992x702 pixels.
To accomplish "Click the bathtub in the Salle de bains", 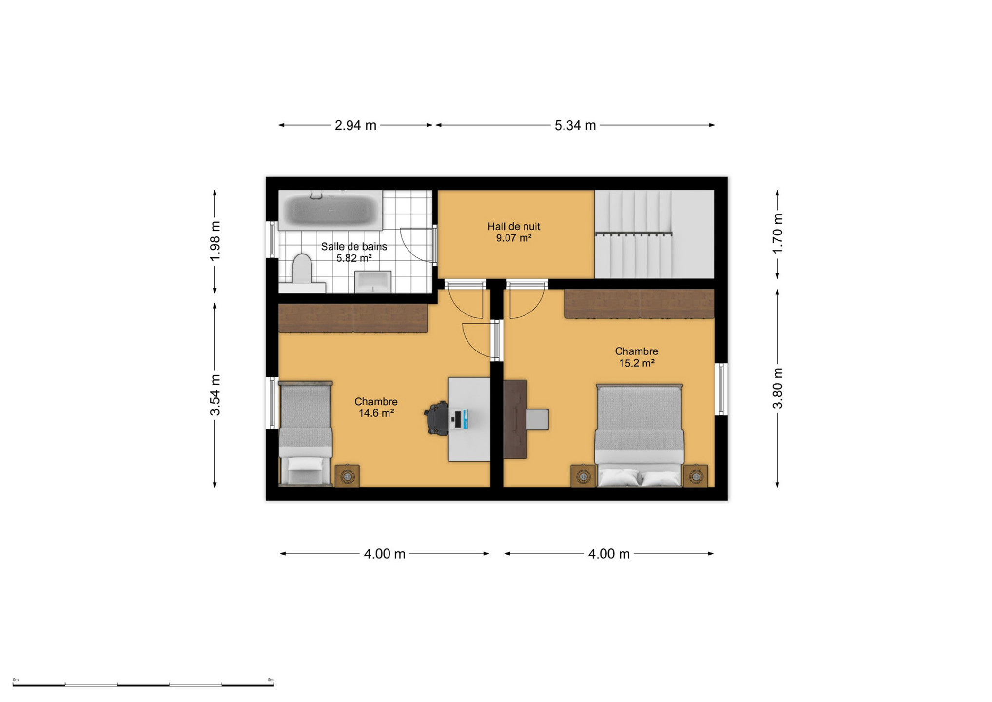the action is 330,210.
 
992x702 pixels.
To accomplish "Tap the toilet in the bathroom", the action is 302,273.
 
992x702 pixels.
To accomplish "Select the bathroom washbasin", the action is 373,282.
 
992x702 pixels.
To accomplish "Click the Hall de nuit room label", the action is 514,226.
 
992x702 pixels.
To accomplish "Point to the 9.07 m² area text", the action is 514,238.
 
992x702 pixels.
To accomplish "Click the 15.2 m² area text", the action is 637,363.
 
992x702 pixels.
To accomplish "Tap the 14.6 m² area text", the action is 376,413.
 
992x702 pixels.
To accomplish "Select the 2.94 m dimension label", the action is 355,125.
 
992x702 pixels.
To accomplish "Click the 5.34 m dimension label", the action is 575,125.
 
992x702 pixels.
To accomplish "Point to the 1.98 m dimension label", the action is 215,241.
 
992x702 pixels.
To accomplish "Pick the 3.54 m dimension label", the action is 215,395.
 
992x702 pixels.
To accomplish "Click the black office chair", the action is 437,418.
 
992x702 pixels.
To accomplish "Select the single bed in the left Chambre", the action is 305,434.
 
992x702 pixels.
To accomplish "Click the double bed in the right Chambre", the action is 639,435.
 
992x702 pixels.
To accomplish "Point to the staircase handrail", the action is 634,234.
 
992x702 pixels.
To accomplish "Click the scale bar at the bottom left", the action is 143,684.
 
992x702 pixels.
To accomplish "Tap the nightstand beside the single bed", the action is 347,476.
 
